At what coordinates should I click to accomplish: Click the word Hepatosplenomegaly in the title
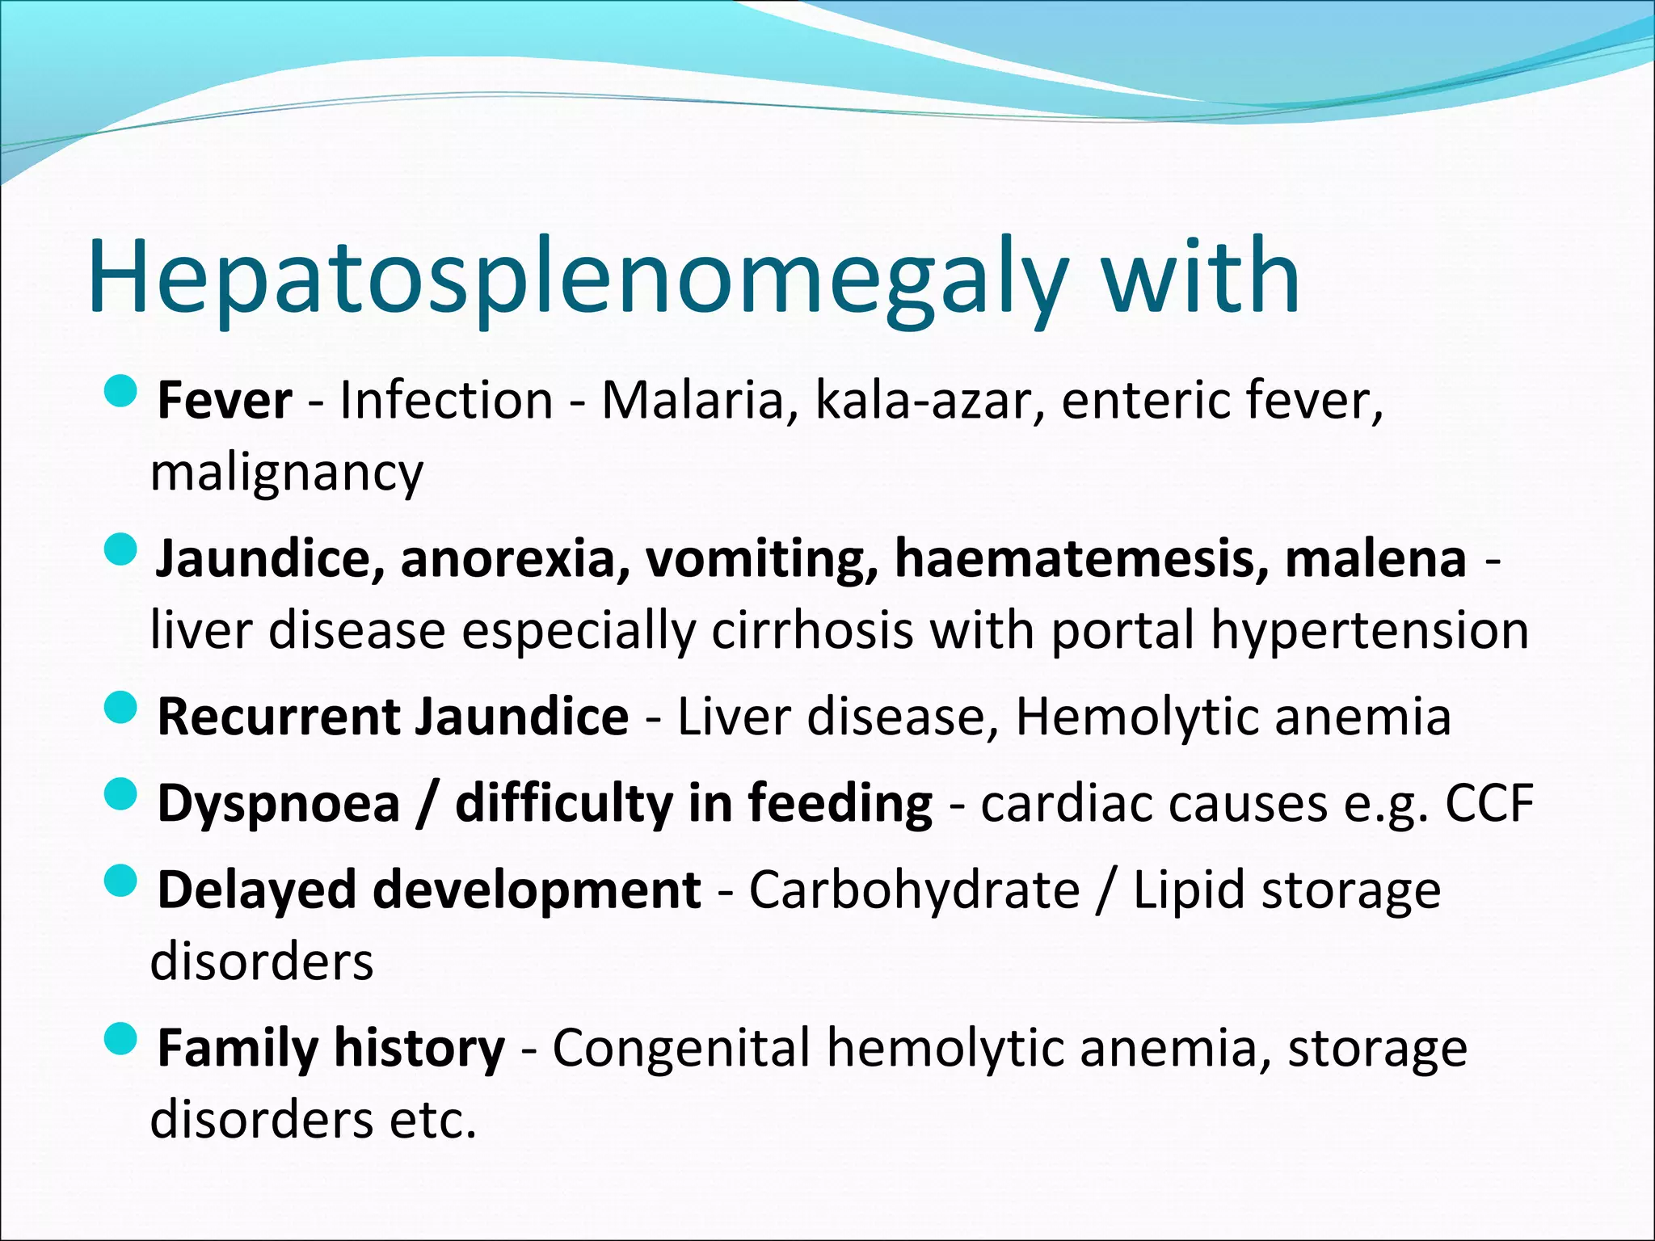pyautogui.click(x=578, y=279)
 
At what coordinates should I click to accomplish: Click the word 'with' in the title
pyautogui.click(x=1201, y=279)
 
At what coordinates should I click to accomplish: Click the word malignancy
pyautogui.click(x=287, y=473)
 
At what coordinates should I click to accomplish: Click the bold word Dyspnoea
pyautogui.click(x=279, y=805)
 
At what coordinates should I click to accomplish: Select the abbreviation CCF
pyautogui.click(x=1489, y=804)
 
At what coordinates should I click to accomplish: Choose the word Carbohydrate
pyautogui.click(x=914, y=890)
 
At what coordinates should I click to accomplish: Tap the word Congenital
pyautogui.click(x=680, y=1049)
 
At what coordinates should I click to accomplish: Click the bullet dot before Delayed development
pyautogui.click(x=121, y=881)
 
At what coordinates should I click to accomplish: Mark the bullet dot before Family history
pyautogui.click(x=121, y=1039)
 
